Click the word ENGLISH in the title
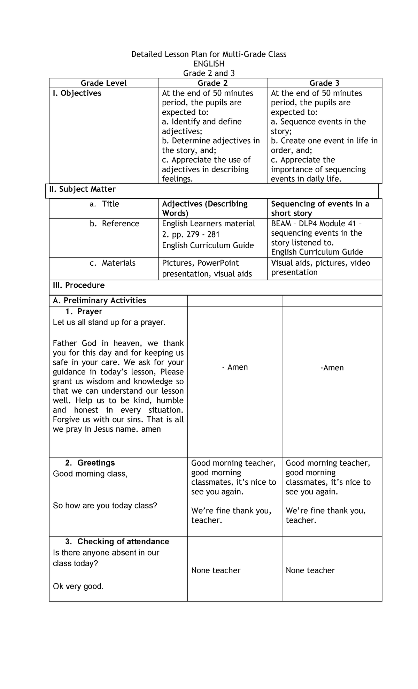tap(209, 63)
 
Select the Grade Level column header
tap(103, 83)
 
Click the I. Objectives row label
tap(77, 93)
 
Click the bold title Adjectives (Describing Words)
tap(205, 208)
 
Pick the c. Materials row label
tap(113, 263)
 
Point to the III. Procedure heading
tap(78, 285)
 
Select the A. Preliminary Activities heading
tap(99, 301)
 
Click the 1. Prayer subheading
tap(84, 311)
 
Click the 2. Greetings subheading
tap(90, 463)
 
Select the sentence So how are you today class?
tap(105, 505)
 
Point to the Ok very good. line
tap(78, 586)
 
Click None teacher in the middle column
tap(216, 570)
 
